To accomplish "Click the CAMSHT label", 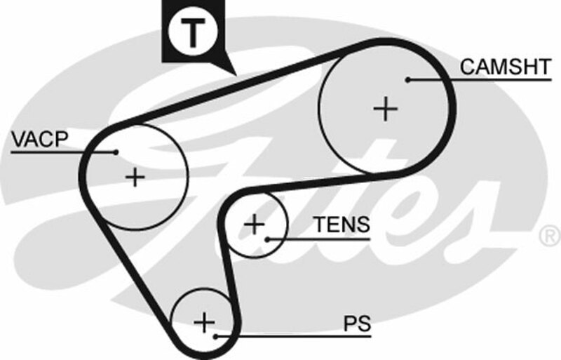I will [504, 67].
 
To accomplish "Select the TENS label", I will [341, 225].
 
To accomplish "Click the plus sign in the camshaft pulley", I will [385, 109].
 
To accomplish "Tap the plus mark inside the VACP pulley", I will [134, 176].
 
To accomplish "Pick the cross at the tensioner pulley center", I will [255, 225].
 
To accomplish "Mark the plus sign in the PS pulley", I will [204, 322].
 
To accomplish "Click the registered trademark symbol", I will [548, 236].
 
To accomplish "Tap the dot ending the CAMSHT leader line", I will [407, 80].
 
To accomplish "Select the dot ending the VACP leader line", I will [116, 152].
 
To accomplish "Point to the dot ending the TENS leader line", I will [268, 239].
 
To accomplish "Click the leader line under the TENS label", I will [330, 239].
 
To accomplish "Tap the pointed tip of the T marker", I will [231, 73].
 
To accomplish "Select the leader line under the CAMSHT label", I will [491, 80].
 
